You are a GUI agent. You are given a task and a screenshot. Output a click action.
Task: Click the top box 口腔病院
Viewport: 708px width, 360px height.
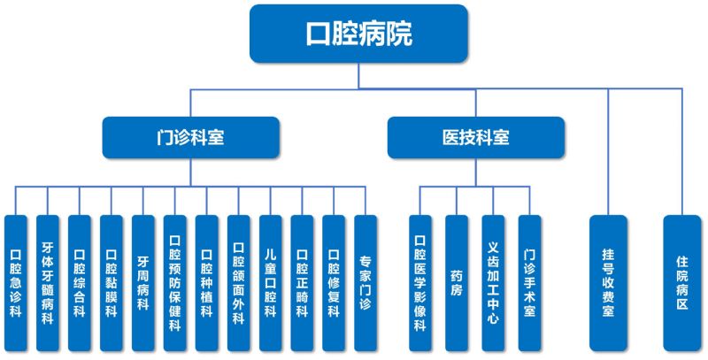(358, 34)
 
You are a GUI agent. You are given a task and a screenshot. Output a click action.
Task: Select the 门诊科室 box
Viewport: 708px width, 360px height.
(190, 138)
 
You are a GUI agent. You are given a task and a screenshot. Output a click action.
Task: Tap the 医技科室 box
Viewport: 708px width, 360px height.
(475, 138)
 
